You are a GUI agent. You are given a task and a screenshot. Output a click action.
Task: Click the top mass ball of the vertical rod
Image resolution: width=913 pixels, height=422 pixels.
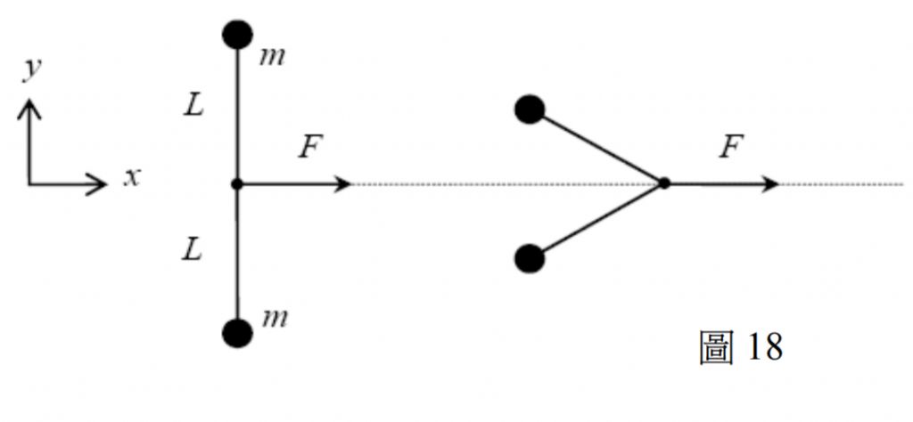click(237, 36)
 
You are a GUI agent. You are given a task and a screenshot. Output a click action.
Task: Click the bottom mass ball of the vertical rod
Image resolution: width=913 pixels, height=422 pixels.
click(237, 332)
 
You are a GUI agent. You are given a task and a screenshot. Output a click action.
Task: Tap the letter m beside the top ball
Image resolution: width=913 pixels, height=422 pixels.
click(274, 58)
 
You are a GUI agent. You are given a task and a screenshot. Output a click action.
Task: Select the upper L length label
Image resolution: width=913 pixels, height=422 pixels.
click(193, 108)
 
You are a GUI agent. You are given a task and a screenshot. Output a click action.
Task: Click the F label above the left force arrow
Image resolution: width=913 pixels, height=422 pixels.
click(308, 147)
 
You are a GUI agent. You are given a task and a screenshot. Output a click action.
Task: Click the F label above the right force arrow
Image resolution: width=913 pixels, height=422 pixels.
click(731, 147)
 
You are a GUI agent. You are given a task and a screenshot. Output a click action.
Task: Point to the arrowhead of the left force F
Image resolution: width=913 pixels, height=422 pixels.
click(343, 184)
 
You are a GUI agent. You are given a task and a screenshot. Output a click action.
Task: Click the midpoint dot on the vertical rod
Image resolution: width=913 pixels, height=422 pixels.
click(237, 184)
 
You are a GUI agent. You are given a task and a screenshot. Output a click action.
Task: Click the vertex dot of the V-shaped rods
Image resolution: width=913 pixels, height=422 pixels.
click(663, 184)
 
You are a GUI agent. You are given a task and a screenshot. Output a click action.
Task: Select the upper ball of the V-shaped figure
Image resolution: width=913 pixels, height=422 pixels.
click(530, 110)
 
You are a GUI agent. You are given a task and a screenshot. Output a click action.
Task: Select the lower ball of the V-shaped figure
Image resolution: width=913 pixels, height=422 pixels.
click(530, 259)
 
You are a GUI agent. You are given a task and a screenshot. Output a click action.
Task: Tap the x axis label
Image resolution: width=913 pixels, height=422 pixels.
click(132, 177)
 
